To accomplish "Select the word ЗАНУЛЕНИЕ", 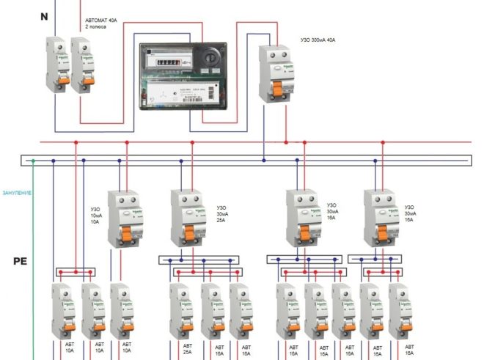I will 17,193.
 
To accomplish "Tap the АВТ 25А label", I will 188,348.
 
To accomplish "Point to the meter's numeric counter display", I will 166,63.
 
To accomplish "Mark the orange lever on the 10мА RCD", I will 126,235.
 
